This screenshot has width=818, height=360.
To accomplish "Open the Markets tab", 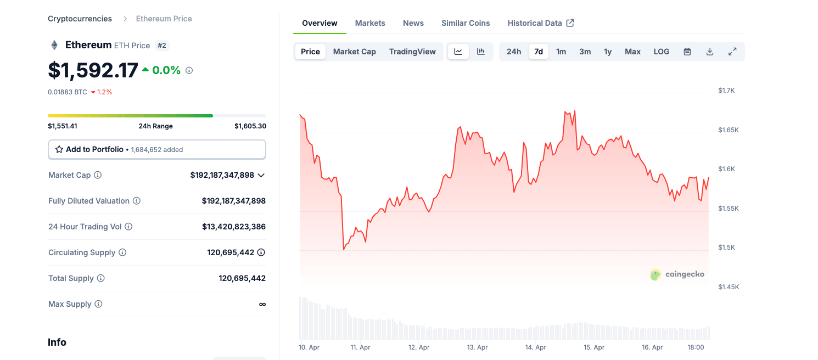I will tap(370, 23).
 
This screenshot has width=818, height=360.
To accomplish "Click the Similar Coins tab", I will tap(466, 23).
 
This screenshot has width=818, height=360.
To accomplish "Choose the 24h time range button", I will tap(514, 52).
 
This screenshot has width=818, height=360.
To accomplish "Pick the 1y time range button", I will tap(608, 52).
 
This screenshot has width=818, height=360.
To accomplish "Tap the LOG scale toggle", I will tap(661, 52).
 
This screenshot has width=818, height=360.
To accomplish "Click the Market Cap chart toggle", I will tap(354, 52).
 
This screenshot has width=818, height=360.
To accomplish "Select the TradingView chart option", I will tap(412, 52).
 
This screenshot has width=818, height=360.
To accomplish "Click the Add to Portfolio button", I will tap(157, 149).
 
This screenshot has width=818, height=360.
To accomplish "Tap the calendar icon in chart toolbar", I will tap(687, 52).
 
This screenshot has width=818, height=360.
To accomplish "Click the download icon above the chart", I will tap(710, 52).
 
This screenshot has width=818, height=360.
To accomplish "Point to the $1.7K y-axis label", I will tap(726, 91).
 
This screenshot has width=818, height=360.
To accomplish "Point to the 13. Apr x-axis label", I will tap(477, 347).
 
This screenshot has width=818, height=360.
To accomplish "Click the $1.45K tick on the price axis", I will tap(729, 287).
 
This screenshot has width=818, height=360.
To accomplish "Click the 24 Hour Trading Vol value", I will tap(234, 227).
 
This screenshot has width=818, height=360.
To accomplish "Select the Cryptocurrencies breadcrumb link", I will tap(80, 19).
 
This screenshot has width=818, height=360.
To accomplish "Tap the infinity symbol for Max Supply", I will tap(262, 304).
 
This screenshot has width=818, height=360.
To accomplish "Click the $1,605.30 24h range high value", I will tap(250, 126).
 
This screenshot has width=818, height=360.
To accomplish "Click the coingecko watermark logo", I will tap(677, 274).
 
